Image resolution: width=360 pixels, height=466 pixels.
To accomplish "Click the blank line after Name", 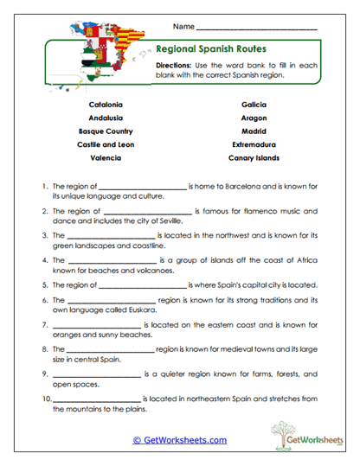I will (257, 29).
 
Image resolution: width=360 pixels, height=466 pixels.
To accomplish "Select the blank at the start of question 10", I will (97, 400).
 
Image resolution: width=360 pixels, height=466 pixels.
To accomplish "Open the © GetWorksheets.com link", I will (179, 440).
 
